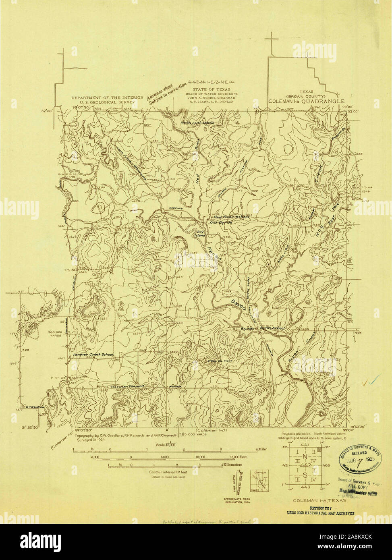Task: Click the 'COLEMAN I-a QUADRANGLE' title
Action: [x=307, y=102]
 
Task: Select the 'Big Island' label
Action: [x=201, y=233]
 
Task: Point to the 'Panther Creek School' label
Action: [x=93, y=355]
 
